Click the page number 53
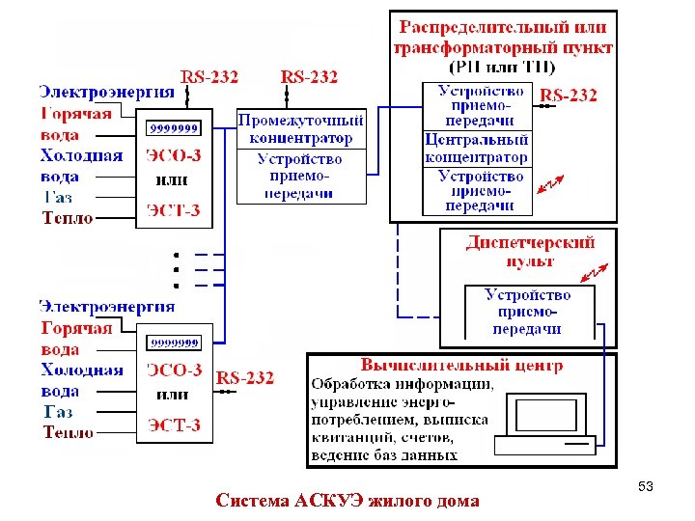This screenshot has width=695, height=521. tap(647, 488)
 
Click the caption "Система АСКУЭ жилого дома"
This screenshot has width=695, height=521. tap(347, 501)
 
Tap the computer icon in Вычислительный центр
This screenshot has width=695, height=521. tap(545, 424)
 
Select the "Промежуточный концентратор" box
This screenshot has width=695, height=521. tap(301, 128)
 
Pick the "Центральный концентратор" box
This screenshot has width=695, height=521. tap(477, 149)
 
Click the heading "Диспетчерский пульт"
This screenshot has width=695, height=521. tap(529, 251)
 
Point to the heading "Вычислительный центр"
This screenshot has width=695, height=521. tap(461, 366)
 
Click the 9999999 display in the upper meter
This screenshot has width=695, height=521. tap(173, 127)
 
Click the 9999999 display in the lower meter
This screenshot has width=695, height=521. tap(173, 342)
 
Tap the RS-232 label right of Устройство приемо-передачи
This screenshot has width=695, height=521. tap(569, 95)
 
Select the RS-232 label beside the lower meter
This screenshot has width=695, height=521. tap(245, 377)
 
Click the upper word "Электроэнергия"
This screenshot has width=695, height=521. tap(107, 93)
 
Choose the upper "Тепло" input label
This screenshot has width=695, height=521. tap(68, 218)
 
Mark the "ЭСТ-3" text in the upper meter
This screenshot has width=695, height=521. tap(173, 210)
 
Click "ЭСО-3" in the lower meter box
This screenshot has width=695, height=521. tap(174, 370)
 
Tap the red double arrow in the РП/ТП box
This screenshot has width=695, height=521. tap(550, 186)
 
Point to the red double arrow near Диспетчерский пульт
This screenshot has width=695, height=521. tap(598, 273)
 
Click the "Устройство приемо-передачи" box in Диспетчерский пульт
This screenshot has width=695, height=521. tap(527, 312)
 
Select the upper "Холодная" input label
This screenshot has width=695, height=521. tap(81, 155)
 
